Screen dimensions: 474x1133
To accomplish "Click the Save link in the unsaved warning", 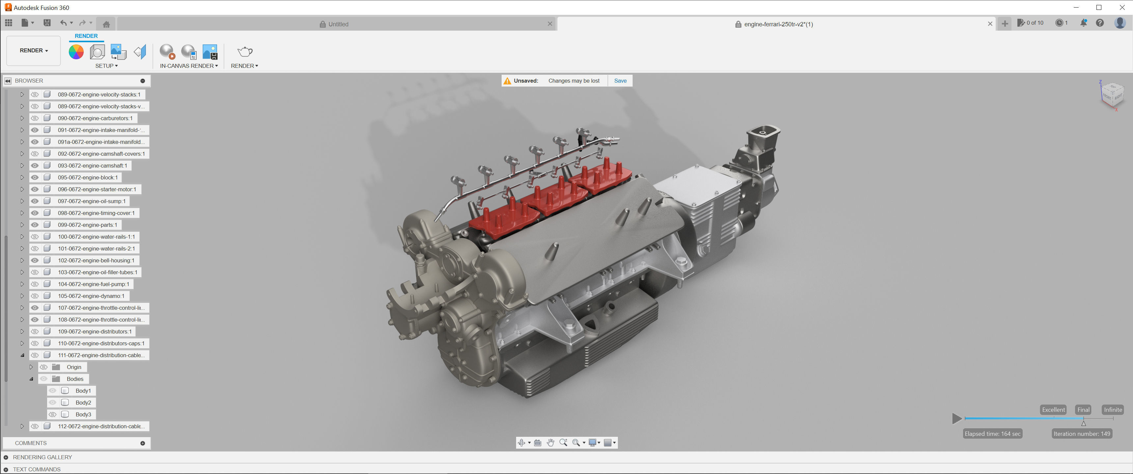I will click(x=620, y=81).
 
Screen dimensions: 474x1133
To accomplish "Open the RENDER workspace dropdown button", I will click(x=33, y=51).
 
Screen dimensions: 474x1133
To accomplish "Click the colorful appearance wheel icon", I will click(x=76, y=52).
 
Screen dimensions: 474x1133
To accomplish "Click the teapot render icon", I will click(x=244, y=52).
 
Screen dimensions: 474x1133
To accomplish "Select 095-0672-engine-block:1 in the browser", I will click(x=88, y=178).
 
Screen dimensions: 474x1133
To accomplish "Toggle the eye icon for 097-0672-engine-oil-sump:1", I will click(x=35, y=201).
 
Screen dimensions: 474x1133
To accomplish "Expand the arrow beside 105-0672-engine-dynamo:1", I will click(x=22, y=296).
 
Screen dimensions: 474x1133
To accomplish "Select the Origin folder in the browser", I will click(x=74, y=367).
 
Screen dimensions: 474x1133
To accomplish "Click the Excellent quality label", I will click(x=1053, y=410).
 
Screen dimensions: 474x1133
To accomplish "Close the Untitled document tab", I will click(x=549, y=24).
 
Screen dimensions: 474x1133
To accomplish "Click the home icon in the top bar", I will click(x=106, y=24).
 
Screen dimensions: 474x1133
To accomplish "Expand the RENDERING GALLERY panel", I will click(x=6, y=457).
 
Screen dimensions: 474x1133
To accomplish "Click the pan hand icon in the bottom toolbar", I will click(x=550, y=443).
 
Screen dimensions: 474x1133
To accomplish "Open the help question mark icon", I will click(x=1100, y=23).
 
